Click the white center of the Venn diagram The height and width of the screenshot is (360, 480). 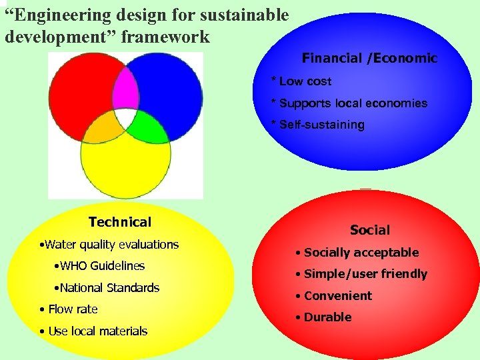pyautogui.click(x=125, y=119)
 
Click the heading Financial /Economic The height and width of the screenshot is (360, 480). pyautogui.click(x=369, y=58)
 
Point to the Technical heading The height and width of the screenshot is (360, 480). pyautogui.click(x=120, y=222)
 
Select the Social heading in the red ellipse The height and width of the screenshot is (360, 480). pyautogui.click(x=370, y=230)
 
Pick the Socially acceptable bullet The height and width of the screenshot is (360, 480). pyautogui.click(x=361, y=253)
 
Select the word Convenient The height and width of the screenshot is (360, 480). pyautogui.click(x=337, y=296)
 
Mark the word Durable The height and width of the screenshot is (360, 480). pyautogui.click(x=327, y=317)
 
